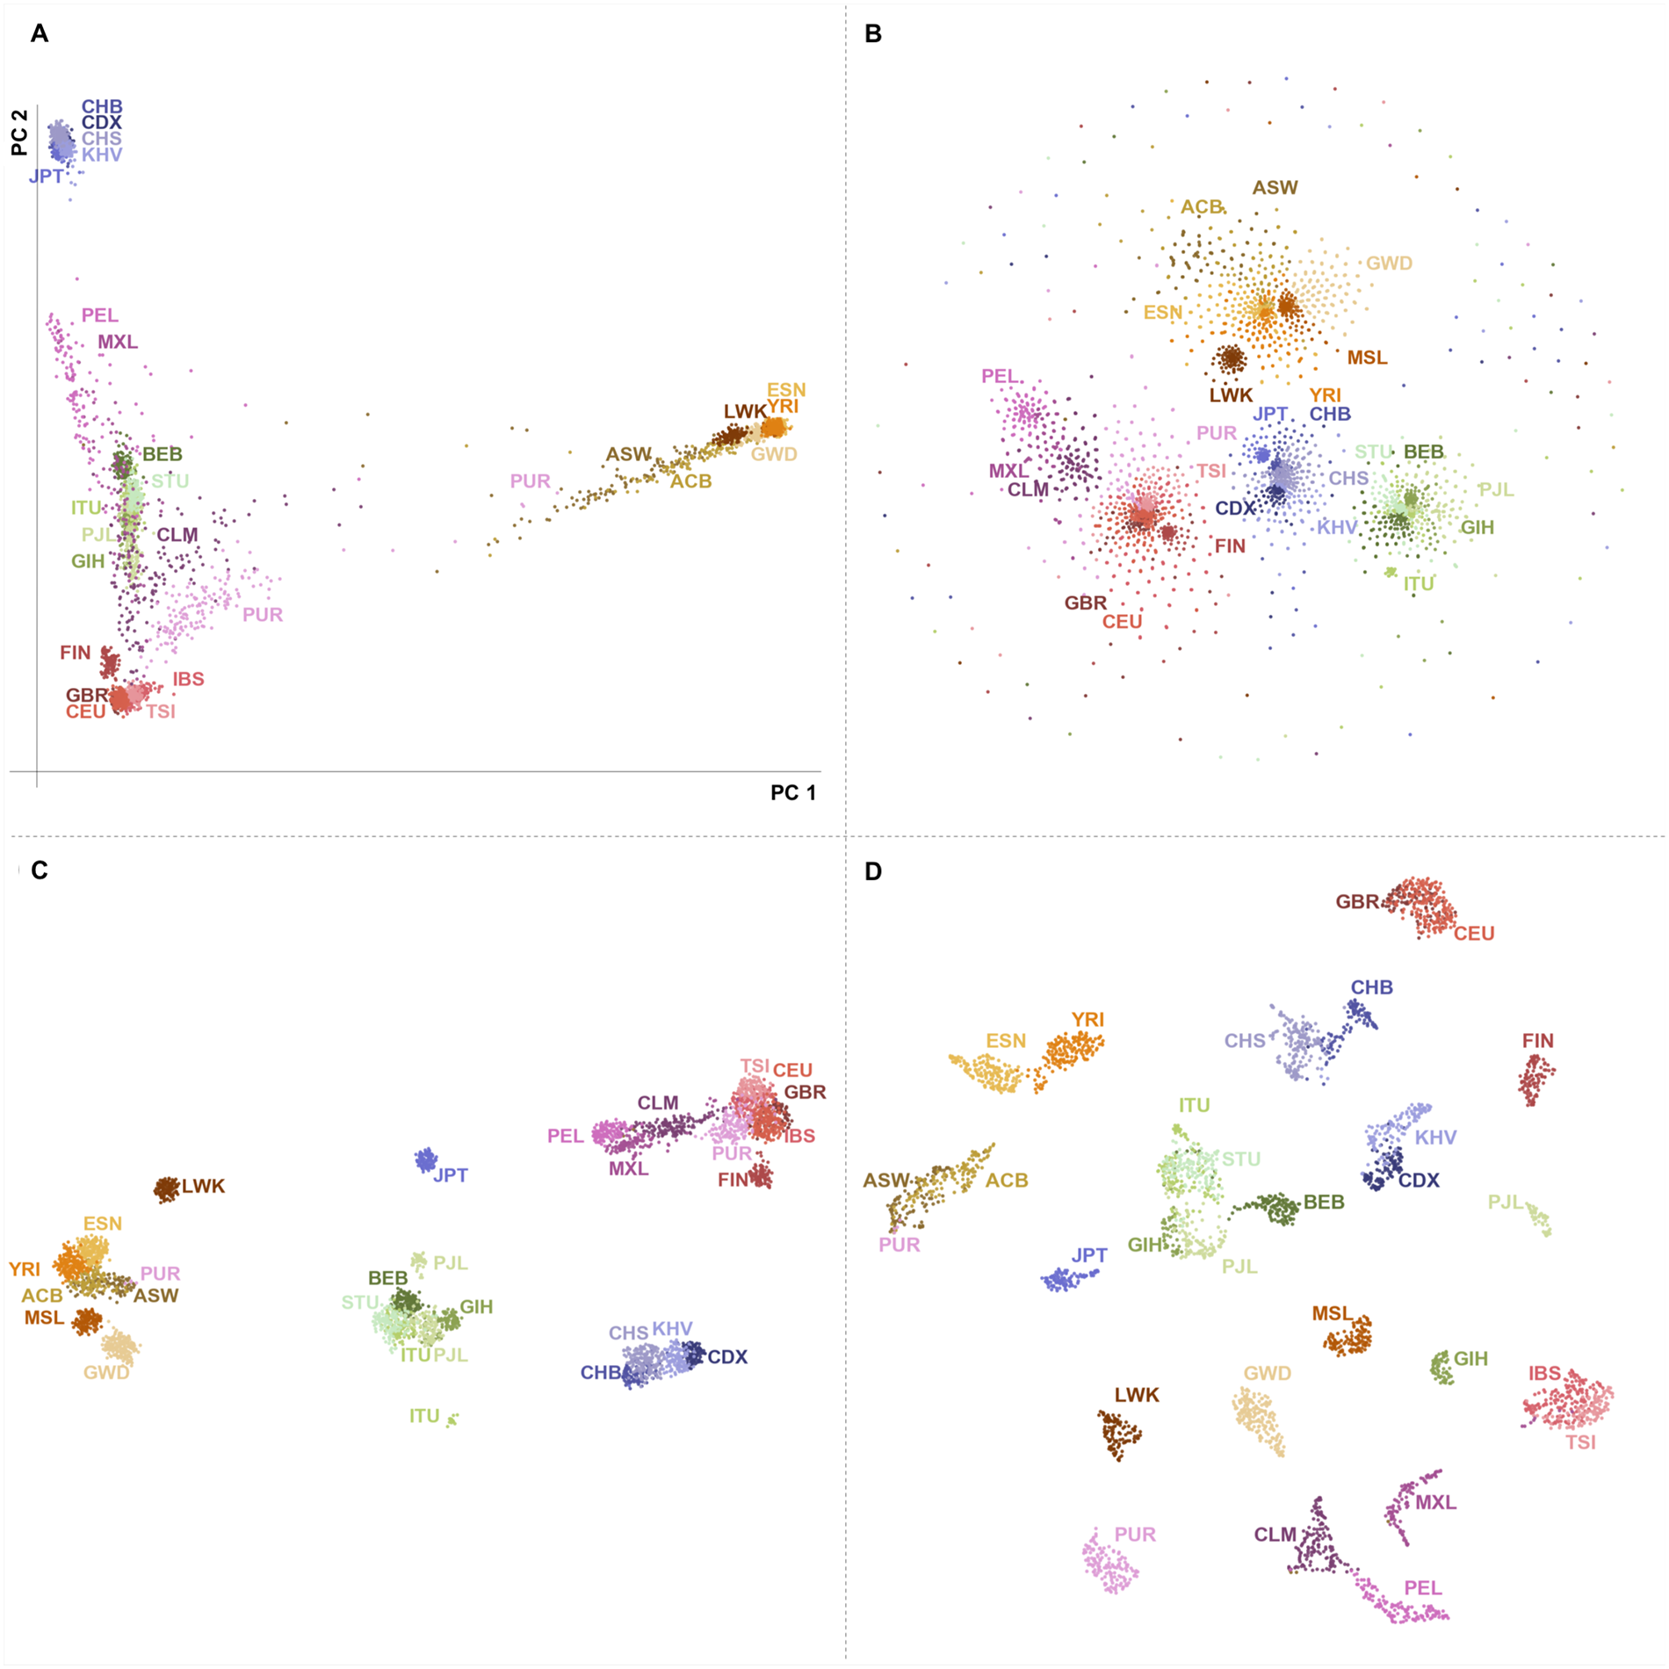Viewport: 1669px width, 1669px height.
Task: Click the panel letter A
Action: click(40, 33)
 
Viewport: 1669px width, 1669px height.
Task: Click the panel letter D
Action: click(873, 871)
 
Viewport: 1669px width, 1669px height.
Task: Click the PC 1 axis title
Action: click(792, 792)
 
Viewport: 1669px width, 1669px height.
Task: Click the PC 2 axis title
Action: click(19, 133)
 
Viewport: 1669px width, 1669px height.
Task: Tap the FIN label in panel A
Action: click(76, 653)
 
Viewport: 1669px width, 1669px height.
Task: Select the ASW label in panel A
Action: click(628, 454)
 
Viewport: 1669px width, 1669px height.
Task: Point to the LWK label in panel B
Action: click(1231, 395)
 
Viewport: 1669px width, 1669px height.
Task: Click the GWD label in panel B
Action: click(1389, 264)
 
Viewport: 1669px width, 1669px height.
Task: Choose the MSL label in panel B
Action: click(1367, 358)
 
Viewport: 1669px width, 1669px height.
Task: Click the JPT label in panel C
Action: click(451, 1175)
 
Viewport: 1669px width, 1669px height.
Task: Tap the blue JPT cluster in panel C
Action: click(426, 1160)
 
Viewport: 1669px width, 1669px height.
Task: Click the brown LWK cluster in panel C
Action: click(166, 1189)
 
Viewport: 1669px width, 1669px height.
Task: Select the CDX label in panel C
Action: click(727, 1357)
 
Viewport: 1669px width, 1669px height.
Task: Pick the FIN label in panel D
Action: click(1537, 1041)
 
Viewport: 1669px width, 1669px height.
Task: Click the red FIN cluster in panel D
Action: click(1535, 1079)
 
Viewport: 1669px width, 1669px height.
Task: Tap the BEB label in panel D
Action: click(1324, 1202)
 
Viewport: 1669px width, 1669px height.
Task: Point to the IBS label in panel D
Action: click(1544, 1373)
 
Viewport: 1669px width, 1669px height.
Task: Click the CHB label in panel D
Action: click(1371, 987)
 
